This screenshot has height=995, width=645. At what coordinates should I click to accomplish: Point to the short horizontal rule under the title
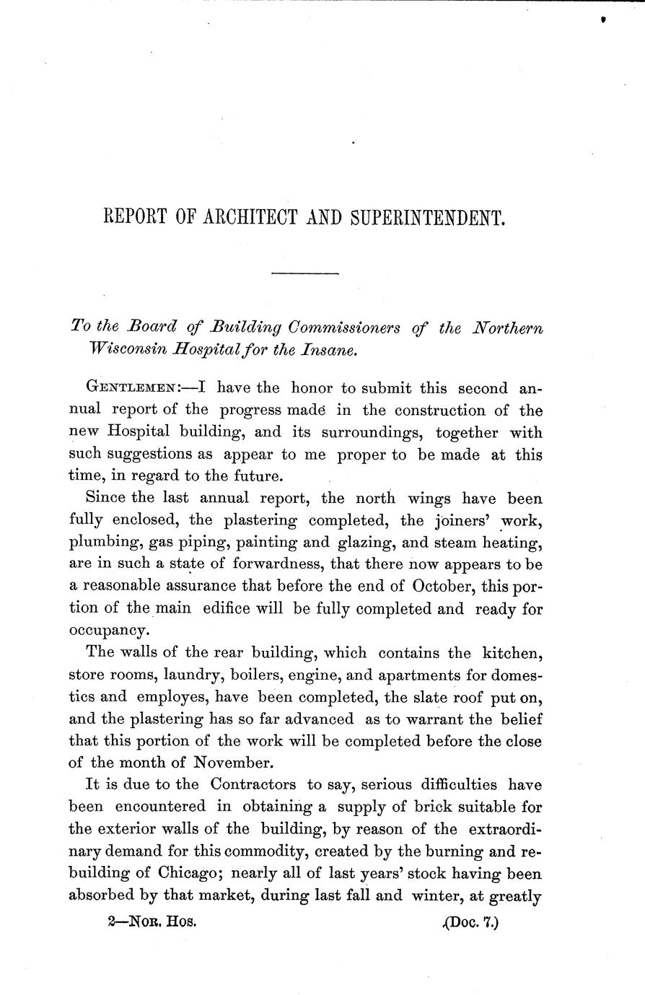point(304,273)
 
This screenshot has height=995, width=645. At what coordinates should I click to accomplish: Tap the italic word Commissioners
point(348,328)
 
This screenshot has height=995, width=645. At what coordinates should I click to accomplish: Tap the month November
point(234,764)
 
